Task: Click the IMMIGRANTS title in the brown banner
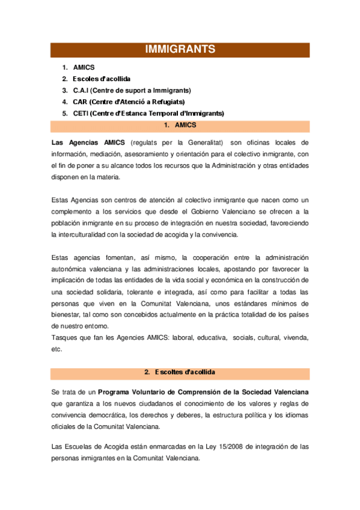coord(180,49)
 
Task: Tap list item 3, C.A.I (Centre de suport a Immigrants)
coord(132,90)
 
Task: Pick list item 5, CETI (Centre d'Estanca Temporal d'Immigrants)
coord(148,113)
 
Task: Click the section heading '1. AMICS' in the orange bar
coord(180,125)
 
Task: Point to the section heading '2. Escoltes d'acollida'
coord(180,373)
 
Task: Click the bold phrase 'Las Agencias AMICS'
coord(88,143)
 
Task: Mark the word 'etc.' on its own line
coord(57,349)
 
